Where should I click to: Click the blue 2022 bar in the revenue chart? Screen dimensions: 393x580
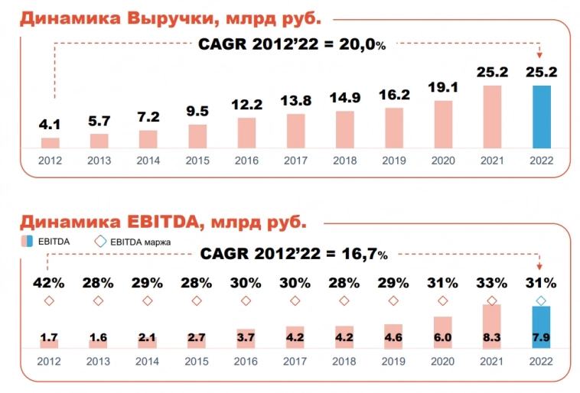point(542,116)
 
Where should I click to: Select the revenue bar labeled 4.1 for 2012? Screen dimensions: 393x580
point(51,142)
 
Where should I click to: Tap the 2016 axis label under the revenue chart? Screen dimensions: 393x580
point(246,161)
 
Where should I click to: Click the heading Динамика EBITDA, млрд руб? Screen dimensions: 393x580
point(162,222)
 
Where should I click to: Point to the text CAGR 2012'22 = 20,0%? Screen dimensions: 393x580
point(292,45)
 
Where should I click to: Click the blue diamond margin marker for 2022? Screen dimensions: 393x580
point(542,300)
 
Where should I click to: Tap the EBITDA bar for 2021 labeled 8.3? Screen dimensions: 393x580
point(492,327)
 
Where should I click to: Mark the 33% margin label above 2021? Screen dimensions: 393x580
point(492,282)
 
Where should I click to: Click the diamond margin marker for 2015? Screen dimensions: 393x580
point(197,300)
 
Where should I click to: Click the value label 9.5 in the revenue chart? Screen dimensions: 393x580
point(197,112)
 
